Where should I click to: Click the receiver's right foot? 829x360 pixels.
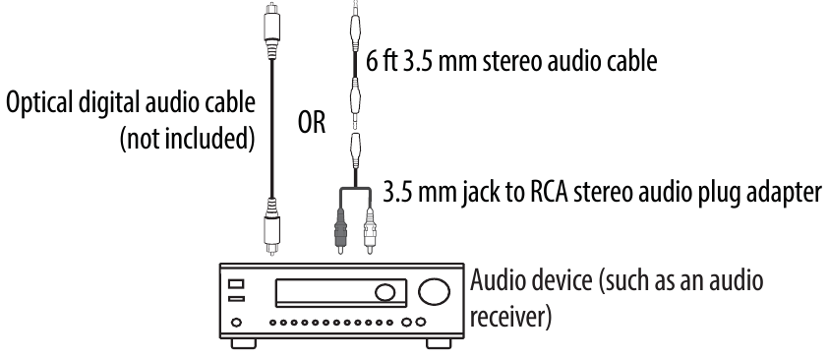click(x=433, y=345)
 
